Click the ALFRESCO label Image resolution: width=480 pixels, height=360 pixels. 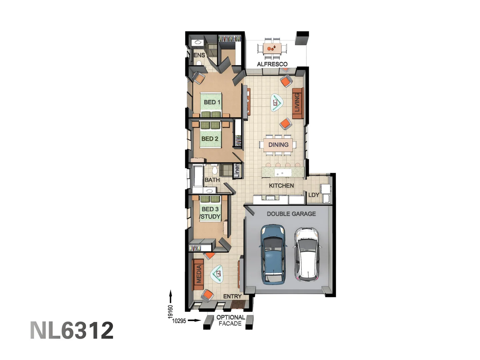coord(272,64)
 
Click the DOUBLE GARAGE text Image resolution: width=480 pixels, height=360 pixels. coord(291,214)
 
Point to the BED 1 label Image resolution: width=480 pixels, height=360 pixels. coord(212,102)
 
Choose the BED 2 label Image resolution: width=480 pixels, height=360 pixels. coord(210,139)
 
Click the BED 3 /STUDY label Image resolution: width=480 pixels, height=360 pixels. coord(210,213)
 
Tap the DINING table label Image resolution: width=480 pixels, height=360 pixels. coord(278,145)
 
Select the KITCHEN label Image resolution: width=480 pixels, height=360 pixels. coord(281,186)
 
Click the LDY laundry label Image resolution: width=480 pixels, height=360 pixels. coord(313,195)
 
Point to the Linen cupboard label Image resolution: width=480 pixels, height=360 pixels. coord(237,170)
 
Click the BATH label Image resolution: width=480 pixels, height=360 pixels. coord(212,180)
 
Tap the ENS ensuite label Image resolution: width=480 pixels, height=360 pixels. coord(199,55)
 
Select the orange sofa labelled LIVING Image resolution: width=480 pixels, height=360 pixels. coord(297,103)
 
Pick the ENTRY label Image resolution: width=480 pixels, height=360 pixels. coord(232,296)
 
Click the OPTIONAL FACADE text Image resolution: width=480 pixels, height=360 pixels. coord(230,320)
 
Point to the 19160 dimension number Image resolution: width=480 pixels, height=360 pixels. coord(171,312)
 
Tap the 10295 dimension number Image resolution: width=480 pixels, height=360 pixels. coord(179,321)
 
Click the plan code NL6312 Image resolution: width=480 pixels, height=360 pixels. coord(72,331)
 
